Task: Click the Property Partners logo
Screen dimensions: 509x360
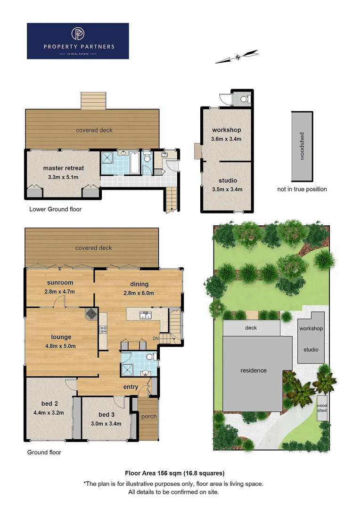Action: [78, 41]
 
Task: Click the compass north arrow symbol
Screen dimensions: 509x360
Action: [237, 57]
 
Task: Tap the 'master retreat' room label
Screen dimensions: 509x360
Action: [64, 168]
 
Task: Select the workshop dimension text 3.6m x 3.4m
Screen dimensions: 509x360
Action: [227, 139]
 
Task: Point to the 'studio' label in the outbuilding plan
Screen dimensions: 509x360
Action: [228, 181]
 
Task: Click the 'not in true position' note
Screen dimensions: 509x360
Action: [302, 189]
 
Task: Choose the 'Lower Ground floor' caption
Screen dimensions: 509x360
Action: [55, 209]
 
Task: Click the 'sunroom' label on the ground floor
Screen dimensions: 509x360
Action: [60, 283]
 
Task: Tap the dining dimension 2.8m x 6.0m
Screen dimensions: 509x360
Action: [139, 293]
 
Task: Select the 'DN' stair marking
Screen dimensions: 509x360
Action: [156, 338]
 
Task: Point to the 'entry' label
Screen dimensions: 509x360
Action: [131, 387]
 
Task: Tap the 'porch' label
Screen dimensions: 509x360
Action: [149, 417]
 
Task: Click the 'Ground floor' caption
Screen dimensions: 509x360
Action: [44, 452]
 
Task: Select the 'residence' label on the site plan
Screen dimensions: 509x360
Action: [254, 370]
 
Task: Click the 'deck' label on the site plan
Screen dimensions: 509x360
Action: [251, 328]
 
